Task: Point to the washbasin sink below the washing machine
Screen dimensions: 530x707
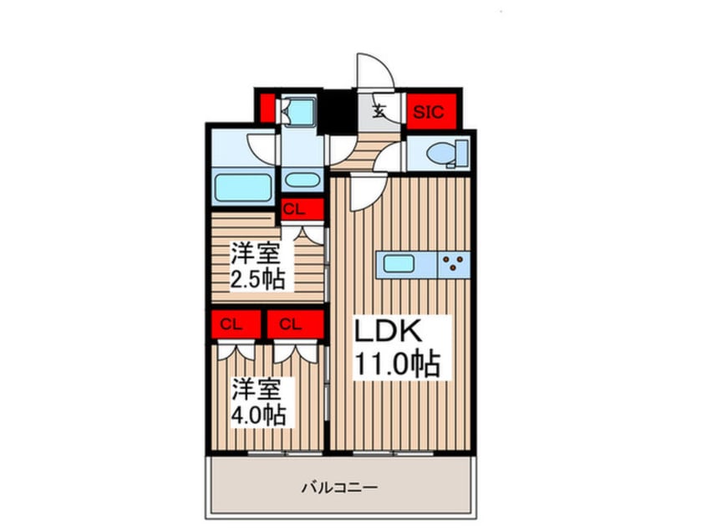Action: [298, 180]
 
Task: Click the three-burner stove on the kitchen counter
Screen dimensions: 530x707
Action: [455, 264]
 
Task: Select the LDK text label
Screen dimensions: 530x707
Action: [390, 331]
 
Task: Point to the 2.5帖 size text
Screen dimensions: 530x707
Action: [258, 277]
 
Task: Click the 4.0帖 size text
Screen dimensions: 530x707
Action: [258, 413]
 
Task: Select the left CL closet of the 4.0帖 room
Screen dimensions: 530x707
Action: [237, 324]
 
